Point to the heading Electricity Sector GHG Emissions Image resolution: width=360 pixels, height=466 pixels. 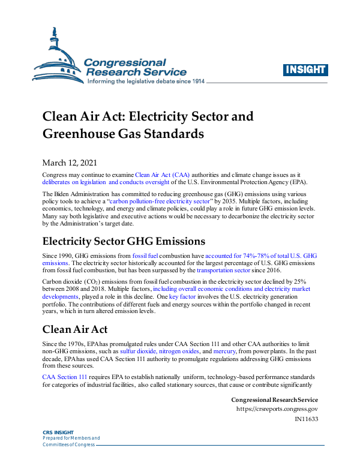(x=124, y=242)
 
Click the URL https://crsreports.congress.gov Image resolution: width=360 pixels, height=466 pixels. (x=277, y=410)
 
